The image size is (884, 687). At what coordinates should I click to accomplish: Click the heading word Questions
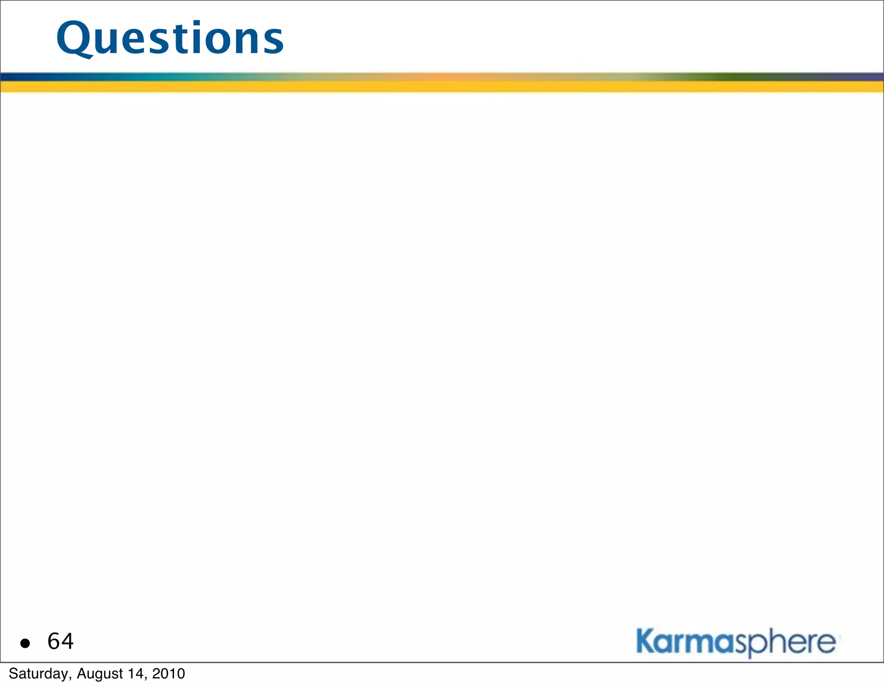tap(170, 39)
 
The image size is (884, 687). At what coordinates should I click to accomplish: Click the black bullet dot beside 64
tap(25, 643)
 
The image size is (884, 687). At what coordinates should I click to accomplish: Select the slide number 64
tap(60, 641)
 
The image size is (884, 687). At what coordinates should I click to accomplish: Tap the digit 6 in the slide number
tap(54, 641)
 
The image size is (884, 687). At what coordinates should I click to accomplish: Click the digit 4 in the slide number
tap(67, 641)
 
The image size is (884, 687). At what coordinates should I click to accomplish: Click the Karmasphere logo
tap(736, 643)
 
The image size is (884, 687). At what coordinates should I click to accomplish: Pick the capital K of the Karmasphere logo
tap(646, 641)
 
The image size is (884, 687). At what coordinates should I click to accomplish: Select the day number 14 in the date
tap(137, 674)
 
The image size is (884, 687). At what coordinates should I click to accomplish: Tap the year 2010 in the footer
tap(169, 674)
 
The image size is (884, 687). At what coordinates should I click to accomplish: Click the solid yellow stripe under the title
tap(442, 87)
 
